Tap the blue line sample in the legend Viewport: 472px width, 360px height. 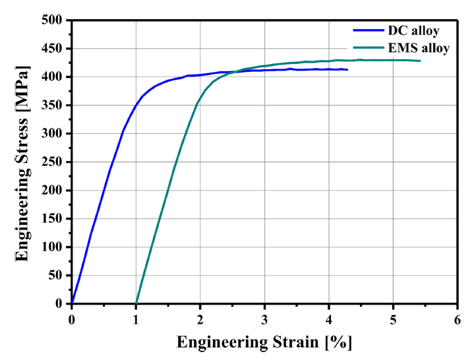[369, 30]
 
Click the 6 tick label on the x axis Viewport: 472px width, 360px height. [457, 319]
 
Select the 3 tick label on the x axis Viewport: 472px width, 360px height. [264, 319]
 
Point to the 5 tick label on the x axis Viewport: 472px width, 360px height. [393, 319]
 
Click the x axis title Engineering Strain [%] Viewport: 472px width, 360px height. [264, 343]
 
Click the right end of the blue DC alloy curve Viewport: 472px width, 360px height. [347, 69]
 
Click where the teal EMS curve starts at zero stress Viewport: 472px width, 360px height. [136, 303]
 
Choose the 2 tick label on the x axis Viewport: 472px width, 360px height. [200, 319]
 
